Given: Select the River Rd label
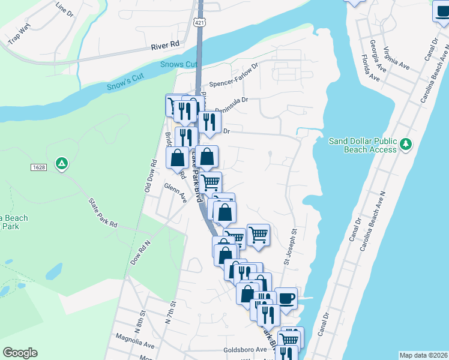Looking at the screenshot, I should (x=166, y=45).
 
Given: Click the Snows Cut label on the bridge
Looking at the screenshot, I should (x=179, y=65).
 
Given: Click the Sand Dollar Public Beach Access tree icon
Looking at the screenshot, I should (x=406, y=144).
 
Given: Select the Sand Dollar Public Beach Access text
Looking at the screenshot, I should (x=363, y=145).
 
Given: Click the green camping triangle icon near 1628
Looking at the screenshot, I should (x=61, y=163).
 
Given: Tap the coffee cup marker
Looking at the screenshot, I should (x=286, y=298).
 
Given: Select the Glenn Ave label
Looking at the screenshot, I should (x=175, y=191).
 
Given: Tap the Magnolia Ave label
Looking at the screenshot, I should (x=133, y=340).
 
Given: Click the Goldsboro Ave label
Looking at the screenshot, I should (x=244, y=349).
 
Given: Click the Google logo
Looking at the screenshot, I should (x=20, y=353).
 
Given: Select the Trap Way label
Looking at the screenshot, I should (x=19, y=34).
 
